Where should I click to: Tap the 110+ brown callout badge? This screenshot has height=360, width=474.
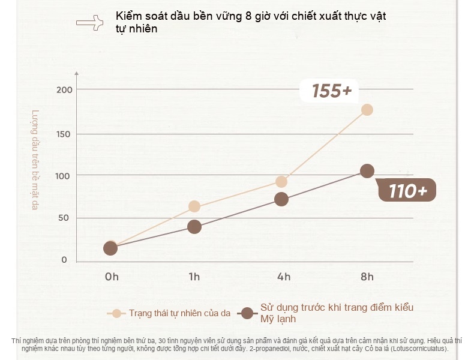pos(407,190)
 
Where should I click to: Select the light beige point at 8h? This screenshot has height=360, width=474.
pos(367,110)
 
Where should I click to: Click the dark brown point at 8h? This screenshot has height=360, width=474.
pos(367,171)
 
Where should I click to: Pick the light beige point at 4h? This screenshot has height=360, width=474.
pos(281,182)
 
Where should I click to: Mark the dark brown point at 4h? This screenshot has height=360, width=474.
pos(281,199)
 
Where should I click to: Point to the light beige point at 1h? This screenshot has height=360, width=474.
pos(194,206)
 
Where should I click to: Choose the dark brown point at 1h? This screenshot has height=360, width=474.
pos(194,227)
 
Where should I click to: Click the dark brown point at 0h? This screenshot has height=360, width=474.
pos(110,248)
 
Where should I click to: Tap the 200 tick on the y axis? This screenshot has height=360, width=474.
pos(64,90)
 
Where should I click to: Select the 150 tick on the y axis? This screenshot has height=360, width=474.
pos(63,134)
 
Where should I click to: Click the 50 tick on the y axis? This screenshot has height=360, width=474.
pos(64,218)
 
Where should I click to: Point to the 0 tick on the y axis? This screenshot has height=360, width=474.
pos(64,260)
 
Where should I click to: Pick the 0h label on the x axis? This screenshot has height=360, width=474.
pos(112,277)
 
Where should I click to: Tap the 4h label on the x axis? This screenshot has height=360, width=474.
pos(284,277)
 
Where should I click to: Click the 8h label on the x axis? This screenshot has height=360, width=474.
pos(367,277)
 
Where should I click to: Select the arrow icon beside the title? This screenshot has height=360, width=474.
pos(90,23)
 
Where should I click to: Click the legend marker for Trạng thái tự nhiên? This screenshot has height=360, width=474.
pos(116,313)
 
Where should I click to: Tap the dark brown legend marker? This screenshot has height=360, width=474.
pos(248,313)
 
